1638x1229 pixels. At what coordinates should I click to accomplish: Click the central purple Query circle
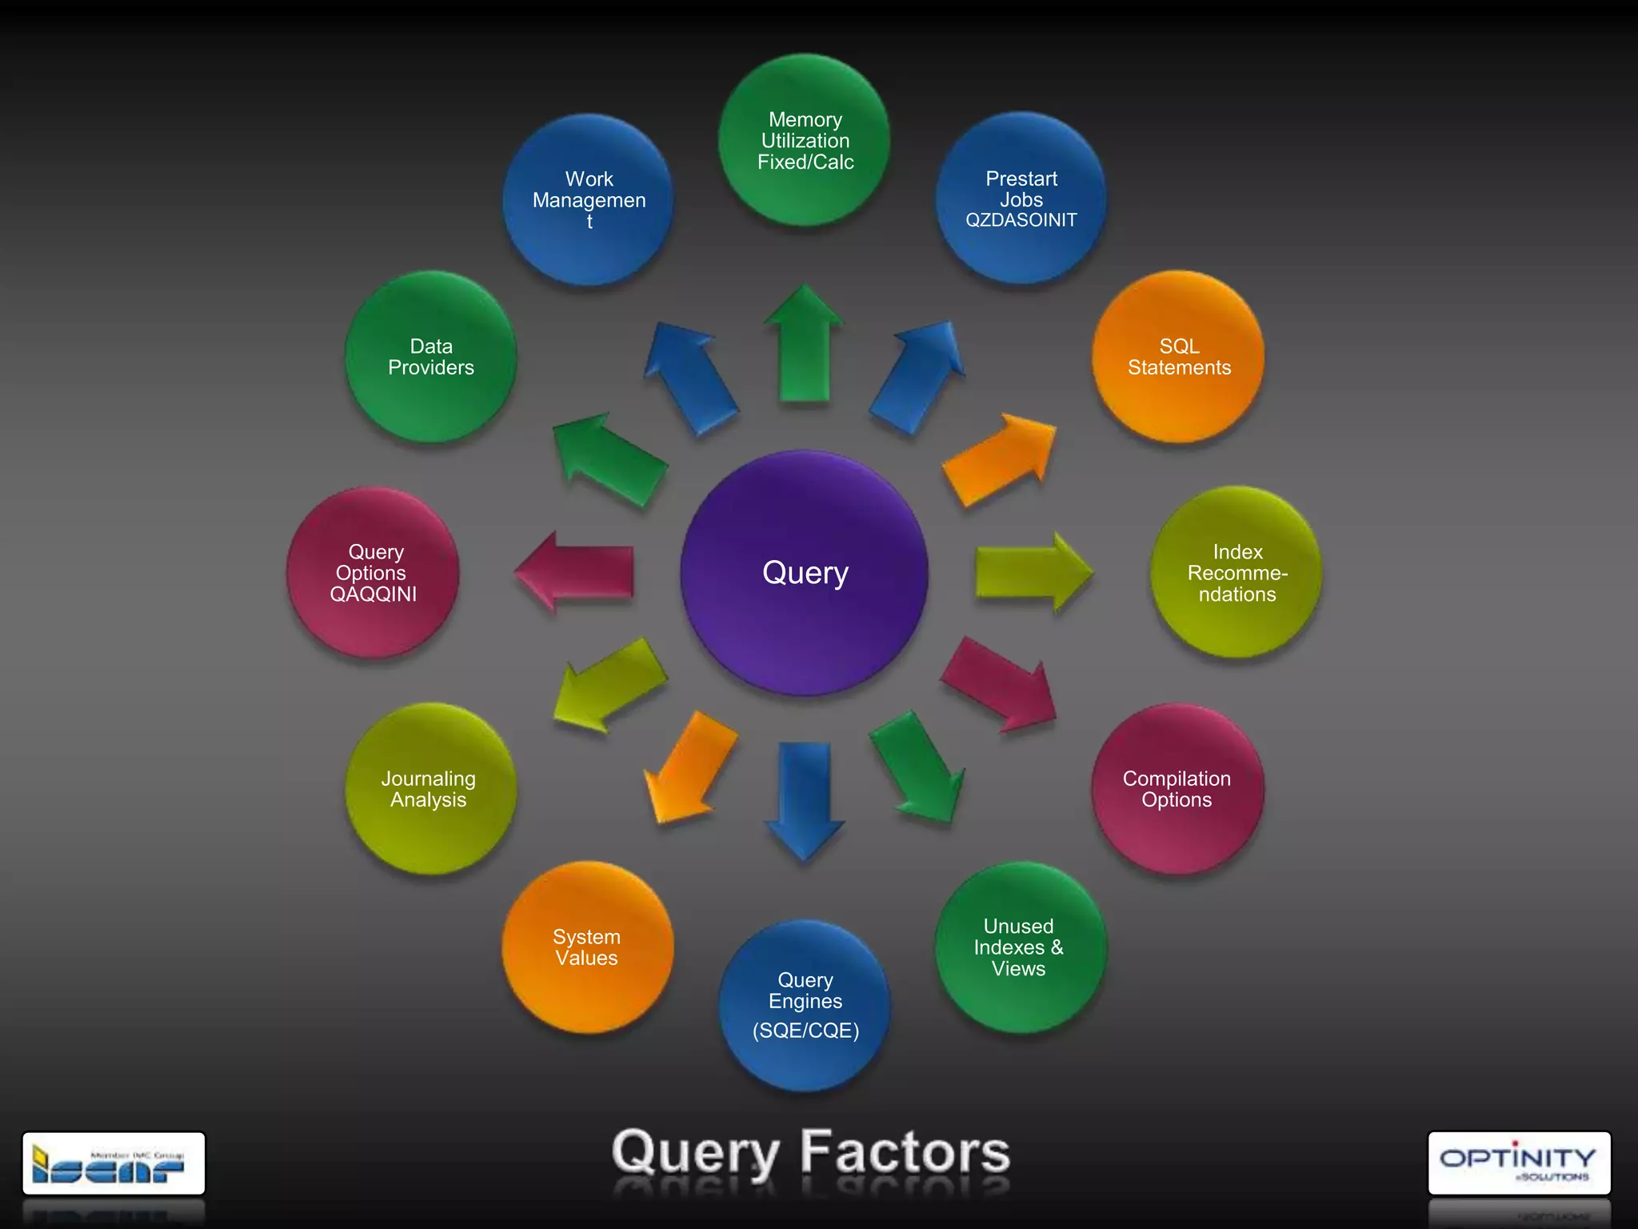pos(805,573)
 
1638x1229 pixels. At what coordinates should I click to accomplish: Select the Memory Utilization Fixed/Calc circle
pos(805,141)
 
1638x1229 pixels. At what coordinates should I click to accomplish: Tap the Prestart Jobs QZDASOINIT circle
pos(1021,198)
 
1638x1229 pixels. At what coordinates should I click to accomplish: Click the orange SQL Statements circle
pos(1179,357)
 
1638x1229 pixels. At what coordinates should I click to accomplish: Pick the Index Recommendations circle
pos(1236,573)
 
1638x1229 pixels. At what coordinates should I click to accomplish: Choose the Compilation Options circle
pos(1177,789)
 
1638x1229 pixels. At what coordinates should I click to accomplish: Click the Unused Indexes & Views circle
pos(1020,947)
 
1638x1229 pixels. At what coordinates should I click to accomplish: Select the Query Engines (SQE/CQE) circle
pos(805,1005)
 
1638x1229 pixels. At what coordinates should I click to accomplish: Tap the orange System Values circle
pos(588,947)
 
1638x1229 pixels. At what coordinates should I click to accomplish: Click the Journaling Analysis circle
pos(430,789)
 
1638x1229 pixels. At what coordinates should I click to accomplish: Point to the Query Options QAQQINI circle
pos(374,573)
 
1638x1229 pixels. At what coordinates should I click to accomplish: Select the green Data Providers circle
pos(430,357)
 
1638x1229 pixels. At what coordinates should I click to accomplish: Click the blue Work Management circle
pos(589,199)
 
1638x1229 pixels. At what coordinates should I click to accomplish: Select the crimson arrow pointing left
pos(576,571)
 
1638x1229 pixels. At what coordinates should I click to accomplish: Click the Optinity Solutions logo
pos(1518,1163)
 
